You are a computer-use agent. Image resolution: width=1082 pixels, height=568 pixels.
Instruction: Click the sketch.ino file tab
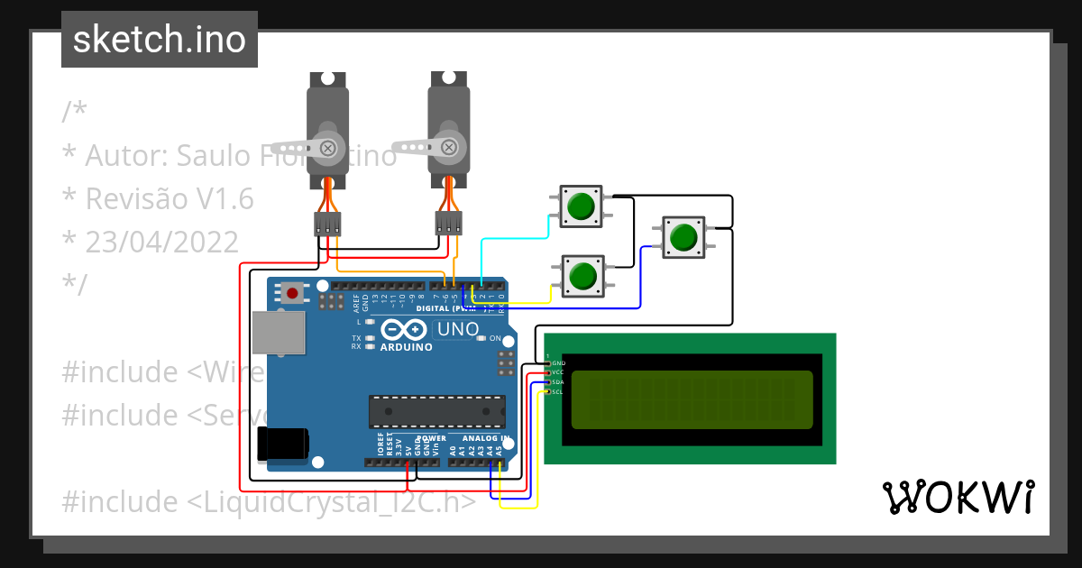click(159, 40)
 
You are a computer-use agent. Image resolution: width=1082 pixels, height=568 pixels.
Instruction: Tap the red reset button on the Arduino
click(292, 292)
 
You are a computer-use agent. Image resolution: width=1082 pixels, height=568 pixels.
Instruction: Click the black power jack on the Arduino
click(283, 445)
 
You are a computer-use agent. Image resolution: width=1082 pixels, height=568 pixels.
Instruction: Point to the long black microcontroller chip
click(436, 411)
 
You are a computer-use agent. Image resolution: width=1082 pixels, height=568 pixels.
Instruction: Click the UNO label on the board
click(457, 329)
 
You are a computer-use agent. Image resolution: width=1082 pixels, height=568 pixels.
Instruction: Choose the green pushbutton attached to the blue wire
click(683, 236)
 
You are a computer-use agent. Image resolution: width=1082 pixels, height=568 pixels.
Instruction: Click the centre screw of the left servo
click(329, 148)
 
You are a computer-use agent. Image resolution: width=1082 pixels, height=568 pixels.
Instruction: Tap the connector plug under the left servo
click(328, 224)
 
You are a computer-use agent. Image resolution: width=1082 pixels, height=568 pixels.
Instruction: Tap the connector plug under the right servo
click(448, 223)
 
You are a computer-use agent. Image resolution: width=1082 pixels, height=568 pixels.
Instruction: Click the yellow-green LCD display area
click(692, 400)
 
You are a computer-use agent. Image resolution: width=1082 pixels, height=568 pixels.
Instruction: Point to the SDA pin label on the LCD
click(557, 382)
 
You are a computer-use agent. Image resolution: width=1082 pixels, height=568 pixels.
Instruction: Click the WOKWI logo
click(958, 497)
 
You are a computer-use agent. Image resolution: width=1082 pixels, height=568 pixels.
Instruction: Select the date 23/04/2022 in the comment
click(162, 242)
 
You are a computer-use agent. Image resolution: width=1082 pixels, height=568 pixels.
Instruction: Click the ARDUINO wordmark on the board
click(406, 347)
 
